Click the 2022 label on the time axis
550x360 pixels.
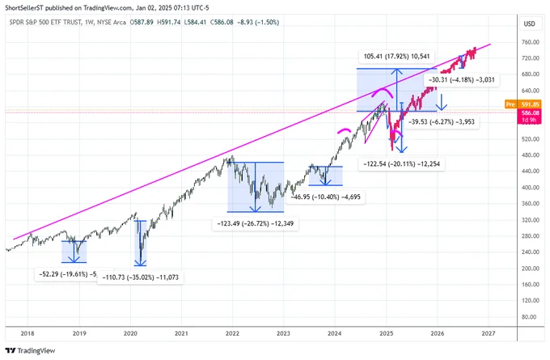tap(232, 333)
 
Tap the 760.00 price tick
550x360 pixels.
tap(531, 42)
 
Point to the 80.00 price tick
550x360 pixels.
tap(532, 317)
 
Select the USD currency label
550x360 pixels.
tap(529, 23)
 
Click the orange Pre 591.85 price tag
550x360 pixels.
tap(522, 104)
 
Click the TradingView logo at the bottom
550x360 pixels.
tap(30, 350)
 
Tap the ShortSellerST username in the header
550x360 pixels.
tap(23, 8)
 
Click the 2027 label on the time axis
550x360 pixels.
tap(489, 333)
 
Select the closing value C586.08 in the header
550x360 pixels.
tap(222, 23)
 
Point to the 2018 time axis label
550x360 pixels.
tap(27, 333)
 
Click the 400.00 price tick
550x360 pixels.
tap(531, 188)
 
